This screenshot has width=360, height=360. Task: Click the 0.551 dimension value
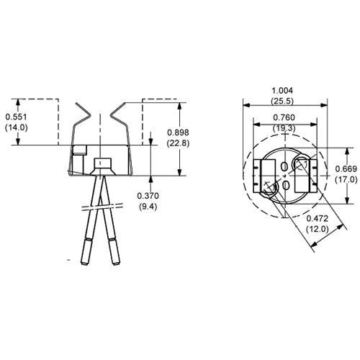[17, 116]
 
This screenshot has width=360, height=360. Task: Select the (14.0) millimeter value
[17, 127]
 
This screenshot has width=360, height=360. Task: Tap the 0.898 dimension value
[179, 132]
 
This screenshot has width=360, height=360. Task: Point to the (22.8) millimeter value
[179, 143]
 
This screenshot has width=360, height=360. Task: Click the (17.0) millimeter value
[345, 179]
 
